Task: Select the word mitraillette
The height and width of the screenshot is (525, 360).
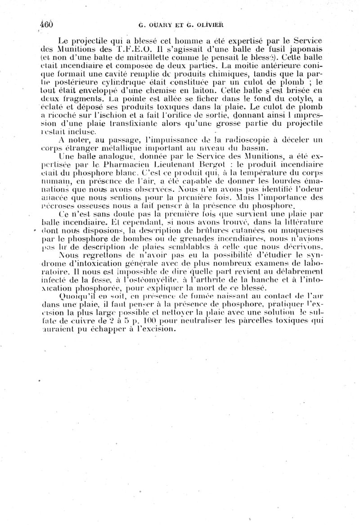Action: click(123, 58)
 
